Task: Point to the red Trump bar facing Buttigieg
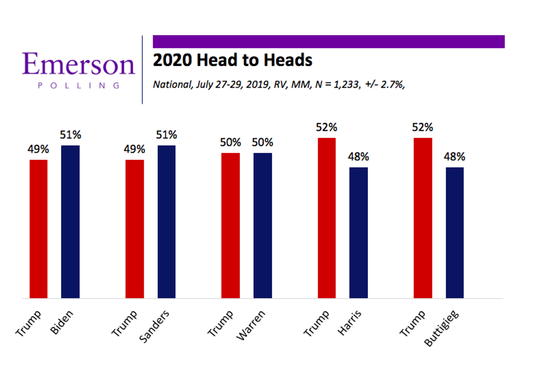coord(423,218)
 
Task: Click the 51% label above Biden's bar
coord(70,134)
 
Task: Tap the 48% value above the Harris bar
coord(359,157)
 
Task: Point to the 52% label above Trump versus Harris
coord(327,127)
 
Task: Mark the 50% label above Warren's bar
coord(263,142)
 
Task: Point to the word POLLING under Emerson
coord(79,85)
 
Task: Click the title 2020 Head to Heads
coord(232,60)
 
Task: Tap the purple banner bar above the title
coord(328,41)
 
